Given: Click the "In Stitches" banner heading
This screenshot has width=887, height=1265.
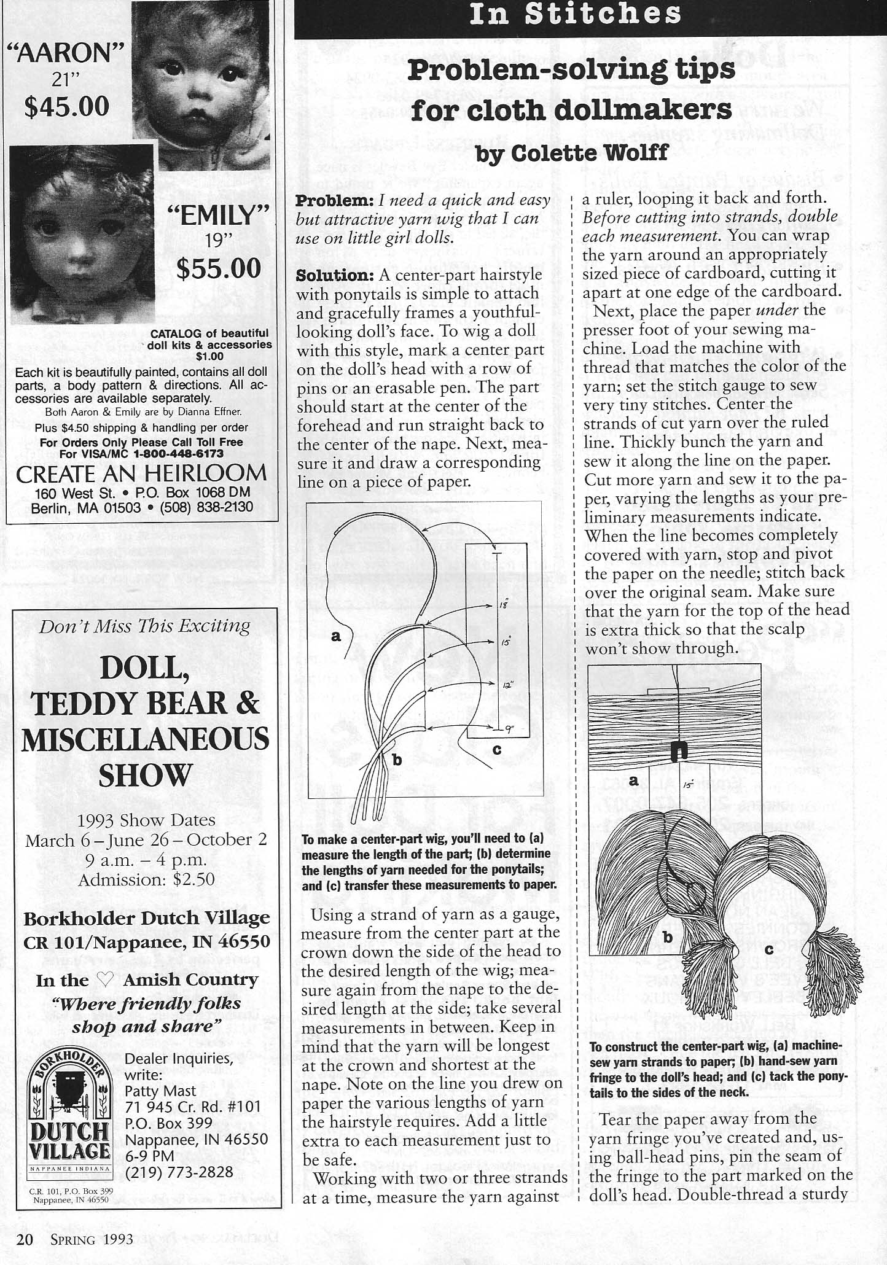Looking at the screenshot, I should coord(575,15).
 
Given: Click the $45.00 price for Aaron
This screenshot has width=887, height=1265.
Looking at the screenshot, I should coord(67,106).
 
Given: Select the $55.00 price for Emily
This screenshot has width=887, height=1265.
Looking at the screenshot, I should coord(219,268).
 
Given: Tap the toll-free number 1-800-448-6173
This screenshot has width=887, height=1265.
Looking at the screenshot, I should coord(178,454).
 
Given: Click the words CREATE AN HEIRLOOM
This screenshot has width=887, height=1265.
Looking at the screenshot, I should coord(141,474).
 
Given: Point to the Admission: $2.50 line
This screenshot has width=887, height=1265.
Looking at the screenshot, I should coord(146,879).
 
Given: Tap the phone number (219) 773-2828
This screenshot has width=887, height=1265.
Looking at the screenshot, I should coord(179,1172).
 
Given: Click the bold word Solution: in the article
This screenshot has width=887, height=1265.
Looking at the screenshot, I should coord(335,275).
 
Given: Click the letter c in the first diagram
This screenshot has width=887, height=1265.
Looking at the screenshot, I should coord(497,749).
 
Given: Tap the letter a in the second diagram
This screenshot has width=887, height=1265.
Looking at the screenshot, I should coord(633,780).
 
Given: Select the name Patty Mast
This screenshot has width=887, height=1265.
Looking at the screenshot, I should coord(160,1091).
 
